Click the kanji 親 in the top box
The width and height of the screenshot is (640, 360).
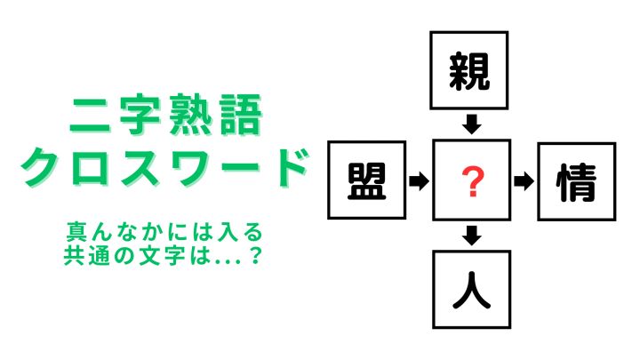coord(469,71)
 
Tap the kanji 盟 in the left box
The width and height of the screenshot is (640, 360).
coord(366,180)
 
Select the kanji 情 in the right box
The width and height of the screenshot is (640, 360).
coord(576,182)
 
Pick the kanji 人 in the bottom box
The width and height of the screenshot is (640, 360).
coord(471,290)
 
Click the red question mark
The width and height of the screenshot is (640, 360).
coord(473,181)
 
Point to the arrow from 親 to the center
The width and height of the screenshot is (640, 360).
coord(472,124)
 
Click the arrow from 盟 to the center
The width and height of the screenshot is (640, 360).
coord(420,180)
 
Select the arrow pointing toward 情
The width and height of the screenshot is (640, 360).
coord(524,180)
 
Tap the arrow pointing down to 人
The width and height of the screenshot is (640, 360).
coord(472,236)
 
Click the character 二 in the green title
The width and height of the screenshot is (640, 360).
coord(90,116)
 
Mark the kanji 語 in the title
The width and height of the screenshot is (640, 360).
coord(242,115)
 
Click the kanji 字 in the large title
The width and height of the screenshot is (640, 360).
coord(140,115)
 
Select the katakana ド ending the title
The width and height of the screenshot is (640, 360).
coord(289,167)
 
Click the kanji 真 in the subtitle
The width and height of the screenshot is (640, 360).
coord(76,231)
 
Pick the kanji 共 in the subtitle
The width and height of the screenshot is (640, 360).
coord(74,255)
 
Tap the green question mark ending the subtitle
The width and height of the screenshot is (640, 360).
coord(255,256)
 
